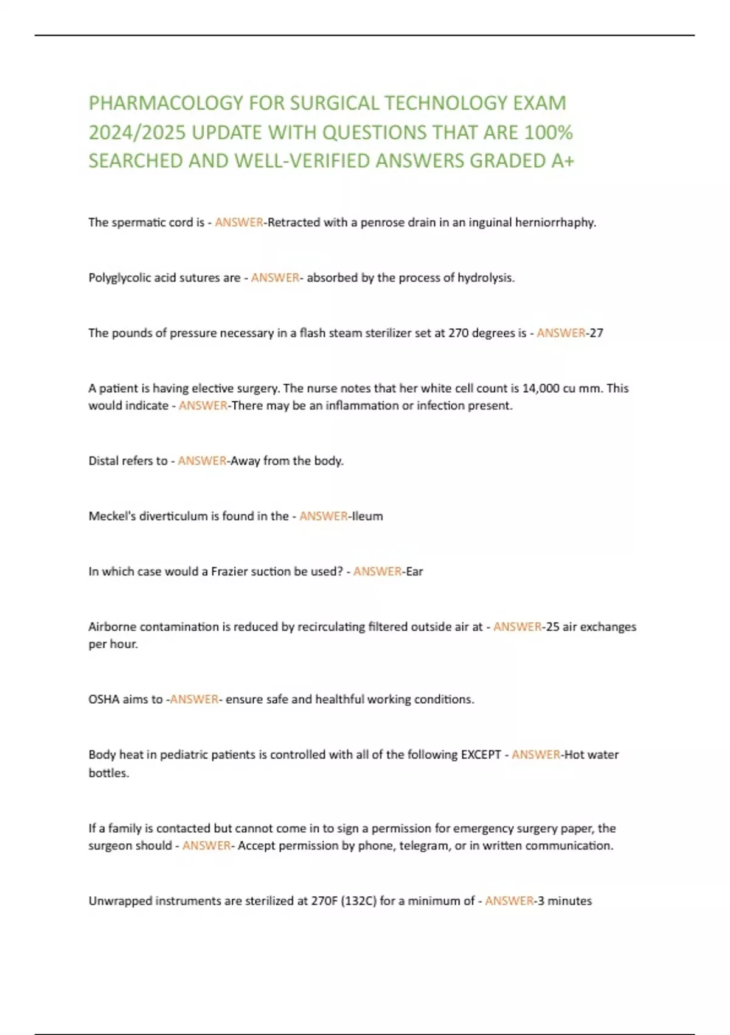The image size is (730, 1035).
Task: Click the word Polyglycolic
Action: [x=120, y=278]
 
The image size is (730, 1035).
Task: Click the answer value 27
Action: [x=596, y=333]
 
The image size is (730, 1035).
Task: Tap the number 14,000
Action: [x=541, y=388]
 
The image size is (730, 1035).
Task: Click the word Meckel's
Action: [x=111, y=516]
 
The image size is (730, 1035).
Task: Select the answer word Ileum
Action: [x=367, y=516]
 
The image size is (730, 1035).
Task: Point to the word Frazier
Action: [x=231, y=572]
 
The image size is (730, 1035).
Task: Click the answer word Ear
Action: [x=414, y=572]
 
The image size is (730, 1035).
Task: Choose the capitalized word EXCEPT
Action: [x=481, y=755]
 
